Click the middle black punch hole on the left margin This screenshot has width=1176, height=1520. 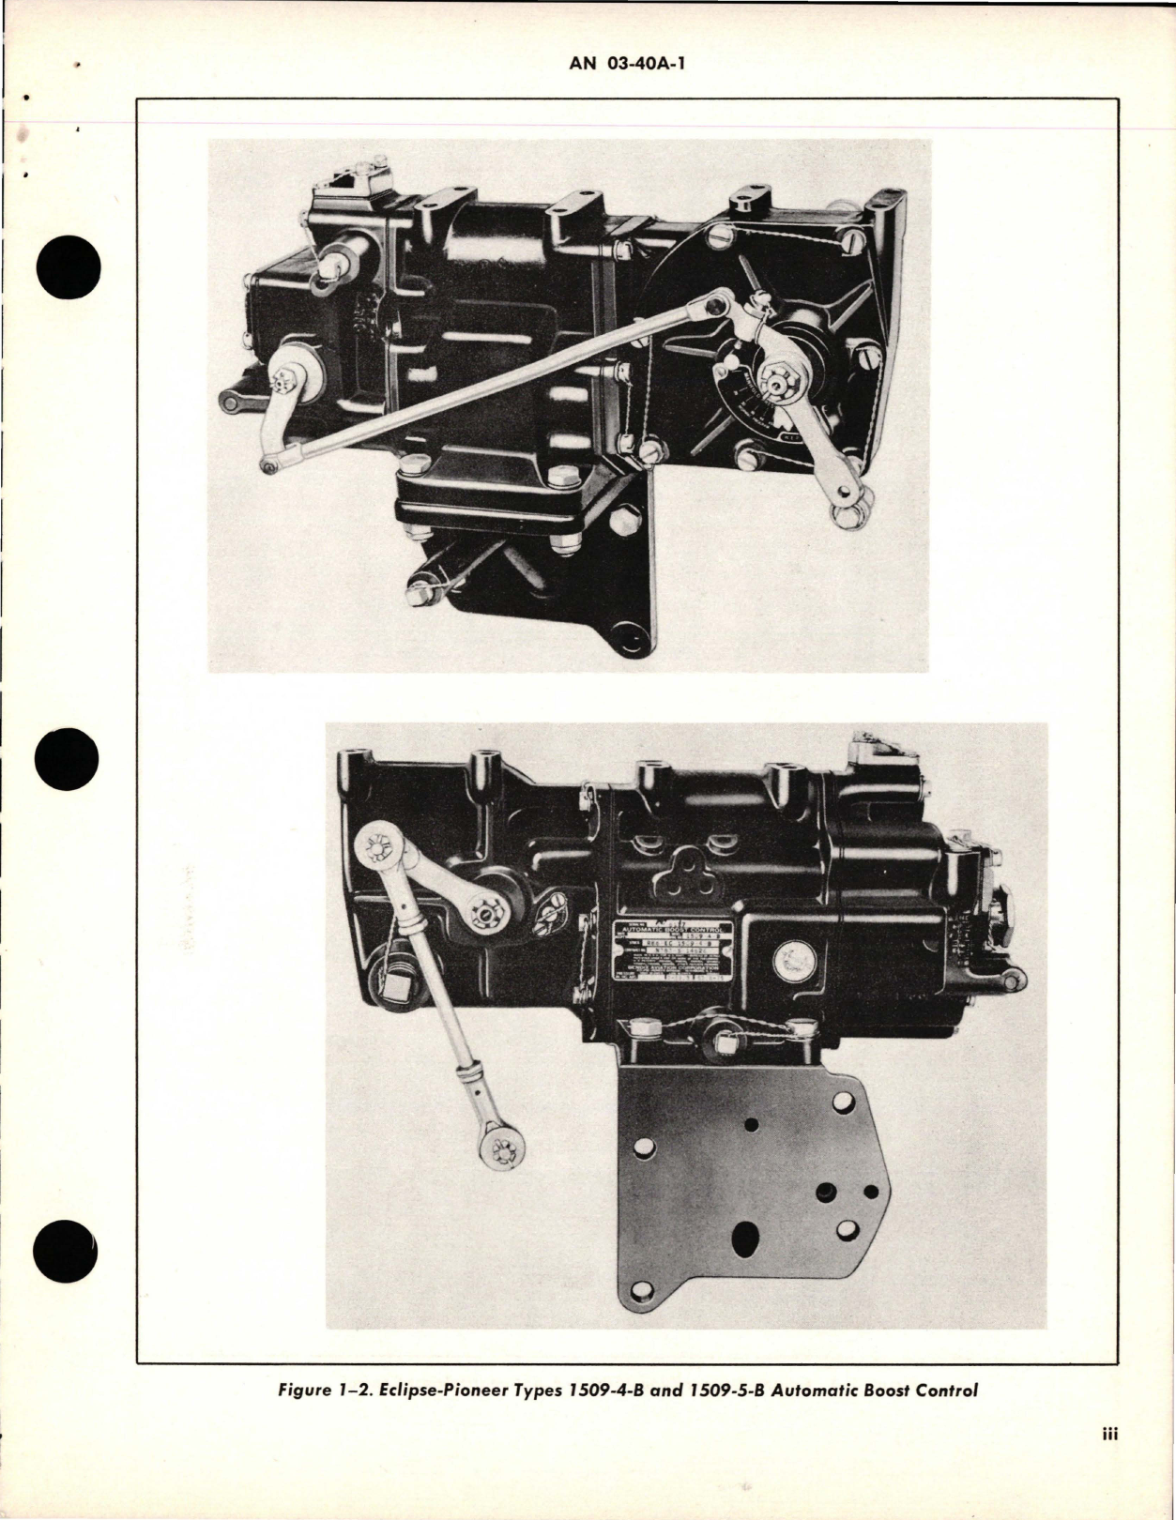pos(70,758)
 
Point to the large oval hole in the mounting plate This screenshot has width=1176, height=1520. pos(754,1230)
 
